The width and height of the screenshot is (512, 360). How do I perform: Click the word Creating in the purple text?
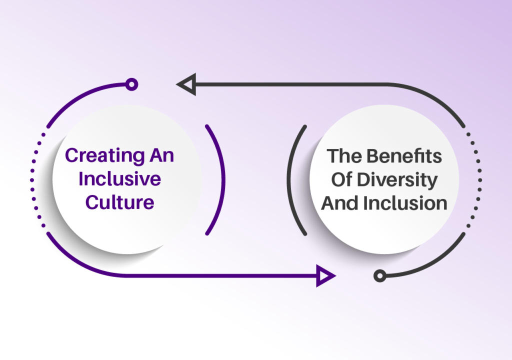point(105,156)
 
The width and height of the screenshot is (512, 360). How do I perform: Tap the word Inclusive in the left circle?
point(120,178)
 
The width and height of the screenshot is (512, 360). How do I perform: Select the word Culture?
point(120,202)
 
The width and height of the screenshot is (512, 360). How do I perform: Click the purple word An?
point(162,155)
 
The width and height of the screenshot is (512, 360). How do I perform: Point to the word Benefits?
point(404,156)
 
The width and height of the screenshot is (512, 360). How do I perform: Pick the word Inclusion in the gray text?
point(405,203)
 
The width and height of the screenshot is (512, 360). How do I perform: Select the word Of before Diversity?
point(341,179)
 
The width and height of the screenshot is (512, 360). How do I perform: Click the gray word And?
point(340,203)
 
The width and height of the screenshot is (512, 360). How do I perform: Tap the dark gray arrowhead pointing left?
point(186,84)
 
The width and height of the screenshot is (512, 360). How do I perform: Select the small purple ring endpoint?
point(131,84)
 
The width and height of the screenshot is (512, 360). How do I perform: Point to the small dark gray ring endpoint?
point(380,276)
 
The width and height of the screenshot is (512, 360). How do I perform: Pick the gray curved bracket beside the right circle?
point(288,179)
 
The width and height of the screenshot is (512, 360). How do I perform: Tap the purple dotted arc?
point(32,180)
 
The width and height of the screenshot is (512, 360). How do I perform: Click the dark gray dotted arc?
point(480,180)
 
